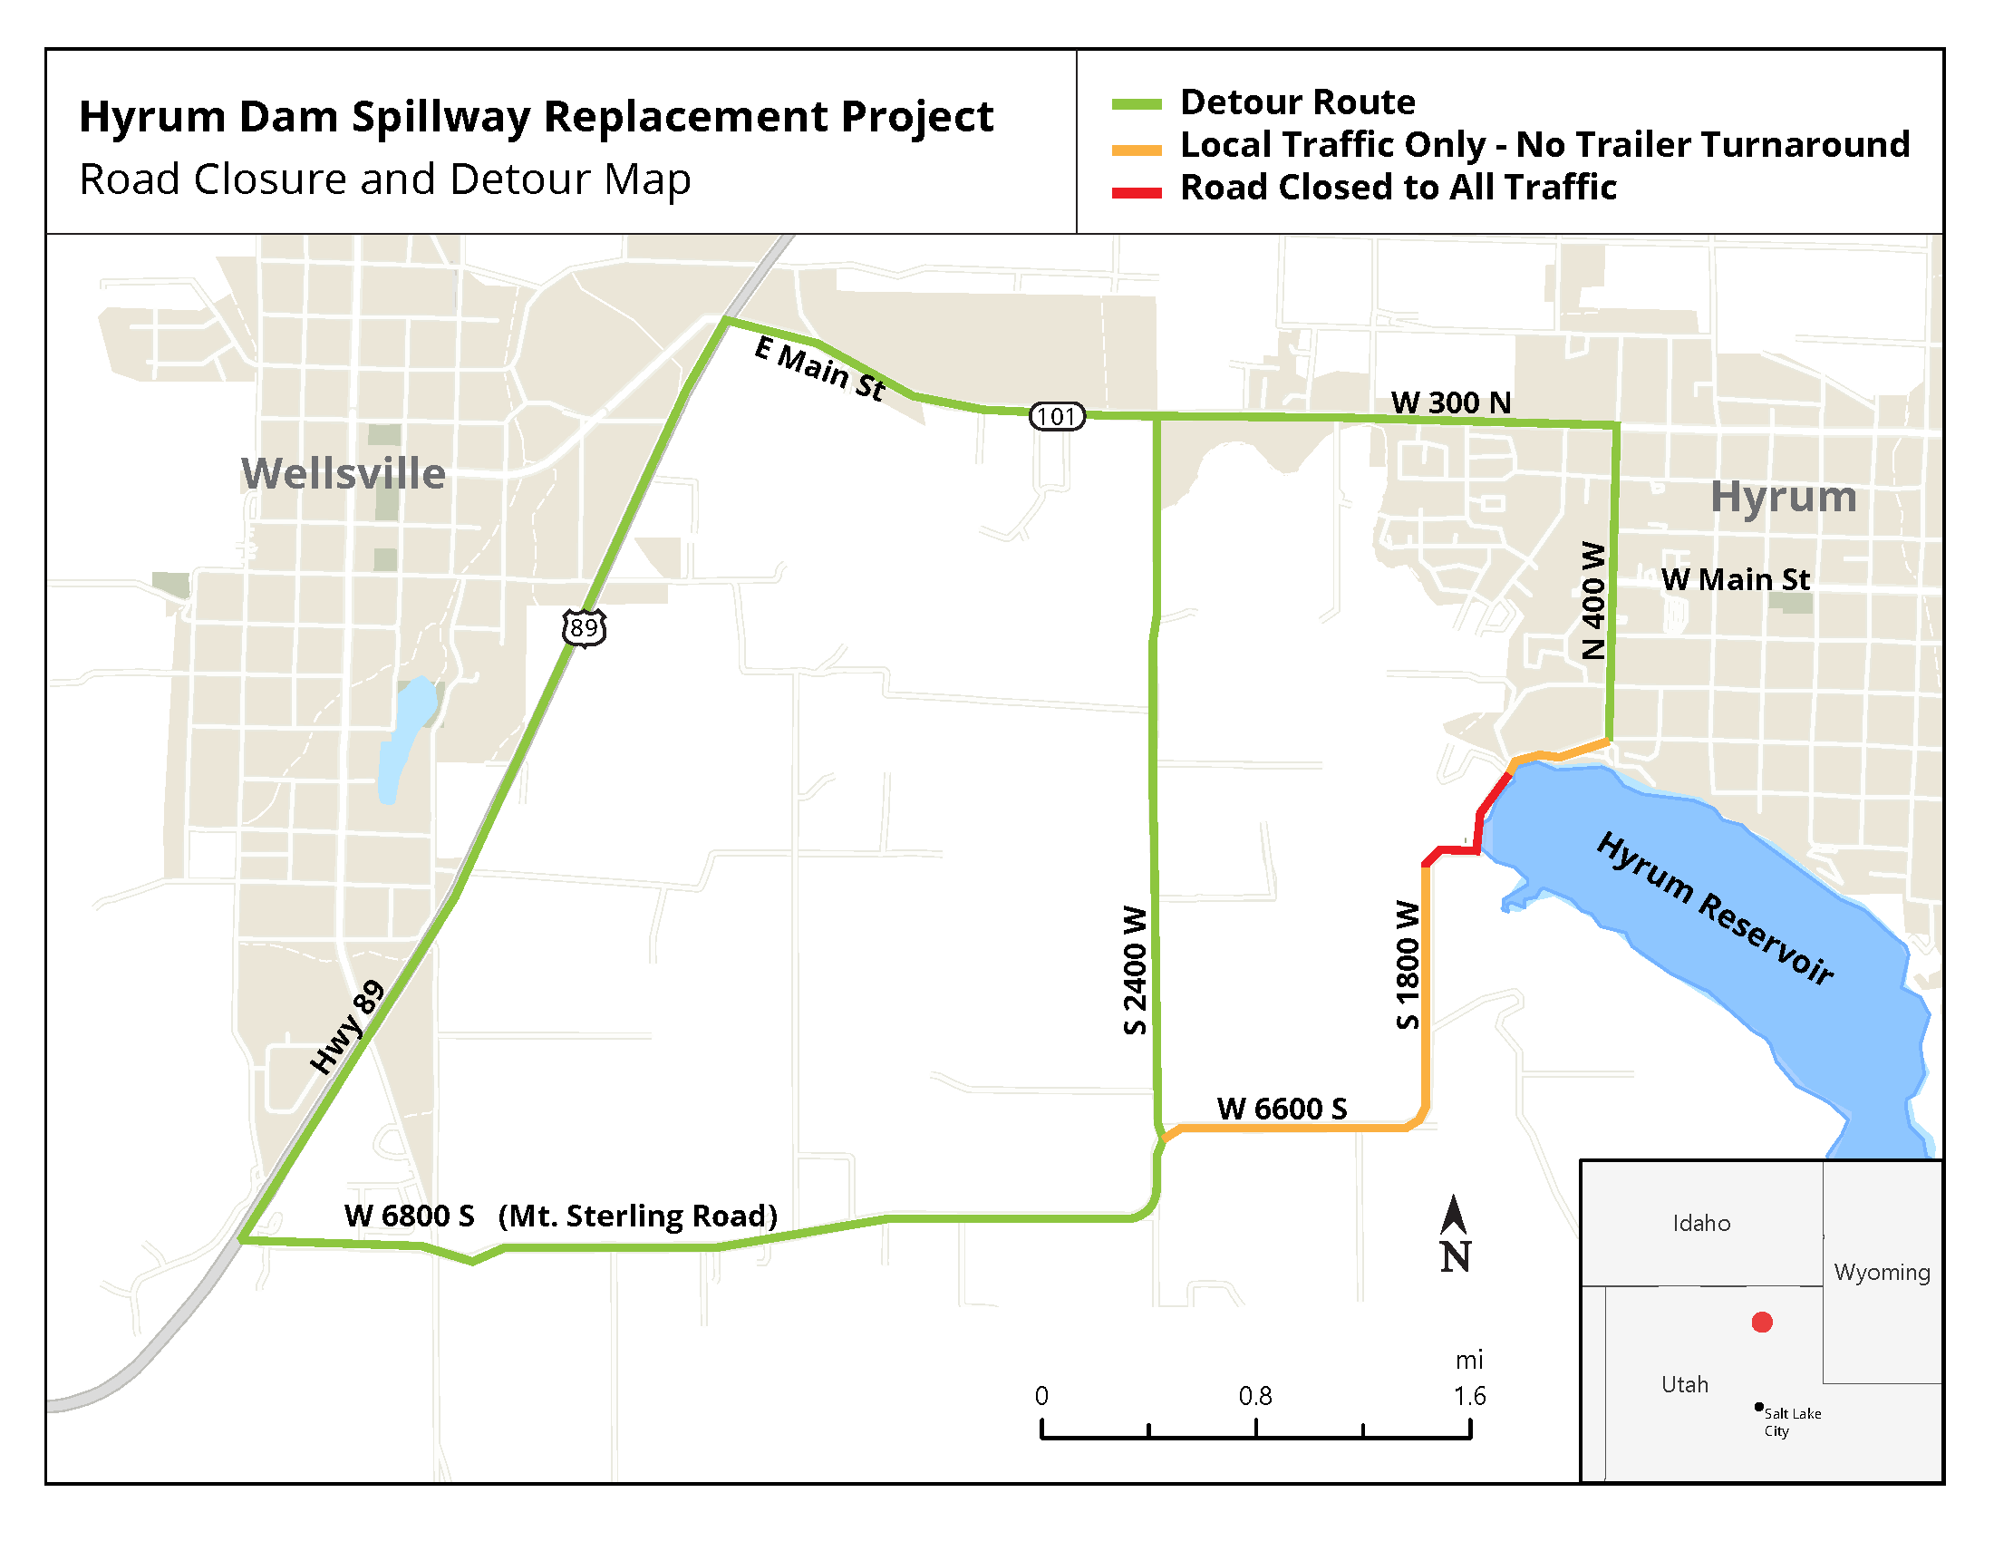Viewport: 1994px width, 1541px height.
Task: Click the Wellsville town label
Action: pyautogui.click(x=344, y=474)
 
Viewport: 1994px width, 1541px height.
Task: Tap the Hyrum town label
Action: pyautogui.click(x=1783, y=498)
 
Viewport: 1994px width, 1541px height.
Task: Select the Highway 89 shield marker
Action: pyautogui.click(x=584, y=628)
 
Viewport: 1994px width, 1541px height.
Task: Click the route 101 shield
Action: pyautogui.click(x=1056, y=416)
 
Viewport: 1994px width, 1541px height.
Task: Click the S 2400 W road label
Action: pyautogui.click(x=1134, y=970)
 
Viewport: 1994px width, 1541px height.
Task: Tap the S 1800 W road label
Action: pyautogui.click(x=1408, y=965)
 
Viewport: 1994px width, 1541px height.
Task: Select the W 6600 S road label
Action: pyautogui.click(x=1282, y=1110)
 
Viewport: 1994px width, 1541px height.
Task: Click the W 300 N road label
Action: pyautogui.click(x=1451, y=402)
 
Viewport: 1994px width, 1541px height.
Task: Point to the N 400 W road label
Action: pyautogui.click(x=1593, y=600)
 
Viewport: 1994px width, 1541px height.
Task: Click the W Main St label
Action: pyautogui.click(x=1735, y=580)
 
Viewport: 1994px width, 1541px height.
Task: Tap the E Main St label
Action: pyautogui.click(x=820, y=368)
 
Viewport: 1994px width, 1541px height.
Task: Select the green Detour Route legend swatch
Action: pyautogui.click(x=1137, y=104)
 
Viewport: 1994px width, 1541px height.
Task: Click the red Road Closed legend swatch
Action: pyautogui.click(x=1137, y=192)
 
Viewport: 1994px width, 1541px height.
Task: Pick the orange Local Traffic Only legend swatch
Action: pyautogui.click(x=1137, y=150)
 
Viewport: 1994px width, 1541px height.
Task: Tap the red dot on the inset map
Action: pyautogui.click(x=1762, y=1322)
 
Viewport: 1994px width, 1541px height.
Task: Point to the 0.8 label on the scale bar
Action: pyautogui.click(x=1255, y=1396)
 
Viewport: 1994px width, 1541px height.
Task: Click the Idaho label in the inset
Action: pyautogui.click(x=1701, y=1224)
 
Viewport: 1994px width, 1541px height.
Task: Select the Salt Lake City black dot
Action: pyautogui.click(x=1758, y=1407)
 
